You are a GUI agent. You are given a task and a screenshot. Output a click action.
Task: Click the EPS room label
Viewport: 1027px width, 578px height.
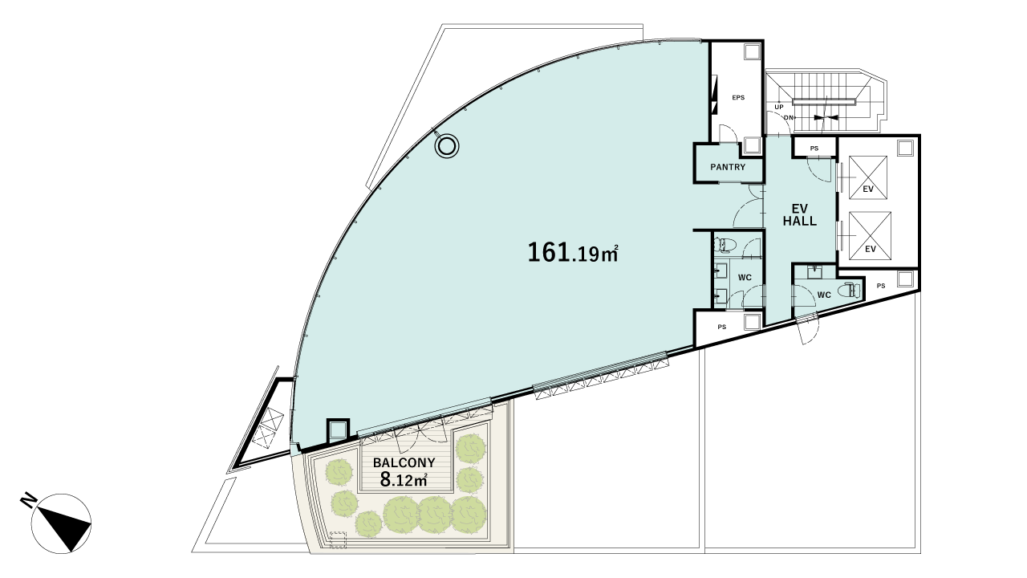point(738,98)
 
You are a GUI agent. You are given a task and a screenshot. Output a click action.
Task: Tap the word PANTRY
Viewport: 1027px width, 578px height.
point(728,167)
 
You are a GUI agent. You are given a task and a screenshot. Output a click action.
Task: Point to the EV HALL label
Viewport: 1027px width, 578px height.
point(800,214)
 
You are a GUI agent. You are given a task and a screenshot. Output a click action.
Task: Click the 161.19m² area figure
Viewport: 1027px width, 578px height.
point(574,253)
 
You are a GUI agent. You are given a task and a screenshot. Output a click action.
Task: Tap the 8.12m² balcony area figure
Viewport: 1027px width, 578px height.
point(404,480)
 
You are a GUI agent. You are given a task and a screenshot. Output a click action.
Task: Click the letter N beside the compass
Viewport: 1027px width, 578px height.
point(28,500)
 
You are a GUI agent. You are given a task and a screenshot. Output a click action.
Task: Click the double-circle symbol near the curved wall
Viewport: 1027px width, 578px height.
point(447,146)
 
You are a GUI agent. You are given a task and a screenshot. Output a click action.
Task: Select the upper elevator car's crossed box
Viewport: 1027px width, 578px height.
point(867,177)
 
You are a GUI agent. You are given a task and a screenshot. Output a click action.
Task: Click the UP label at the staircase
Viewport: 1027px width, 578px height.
point(779,108)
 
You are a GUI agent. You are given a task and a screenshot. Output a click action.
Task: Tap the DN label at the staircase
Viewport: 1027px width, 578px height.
point(788,118)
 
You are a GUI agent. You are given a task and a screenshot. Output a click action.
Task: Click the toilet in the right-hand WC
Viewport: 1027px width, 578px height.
point(850,291)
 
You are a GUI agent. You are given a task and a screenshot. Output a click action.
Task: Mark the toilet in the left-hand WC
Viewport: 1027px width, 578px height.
point(725,245)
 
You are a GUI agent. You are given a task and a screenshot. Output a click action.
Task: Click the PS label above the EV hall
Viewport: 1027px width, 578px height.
point(814,149)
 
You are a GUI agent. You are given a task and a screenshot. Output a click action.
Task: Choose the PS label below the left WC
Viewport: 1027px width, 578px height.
point(722,327)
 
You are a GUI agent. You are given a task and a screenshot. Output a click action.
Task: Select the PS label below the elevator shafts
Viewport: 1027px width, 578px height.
point(881,286)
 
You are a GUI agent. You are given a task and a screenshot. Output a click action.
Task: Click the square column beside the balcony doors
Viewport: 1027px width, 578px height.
point(338,430)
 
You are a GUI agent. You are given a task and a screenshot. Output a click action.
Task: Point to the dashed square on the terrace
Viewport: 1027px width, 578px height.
point(338,539)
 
